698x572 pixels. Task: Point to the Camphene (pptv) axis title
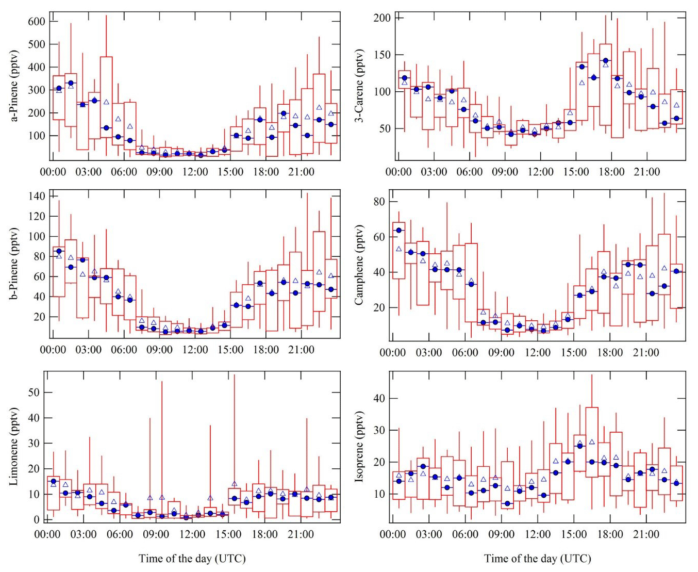point(360,265)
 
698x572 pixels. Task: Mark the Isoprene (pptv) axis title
point(360,447)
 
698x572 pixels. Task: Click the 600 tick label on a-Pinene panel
point(37,22)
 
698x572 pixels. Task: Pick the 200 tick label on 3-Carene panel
point(382,18)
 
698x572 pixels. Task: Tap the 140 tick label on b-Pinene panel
point(37,196)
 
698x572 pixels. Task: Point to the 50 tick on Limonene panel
point(34,393)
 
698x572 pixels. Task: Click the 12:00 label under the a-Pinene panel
point(195,172)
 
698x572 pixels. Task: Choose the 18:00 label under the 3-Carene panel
point(611,172)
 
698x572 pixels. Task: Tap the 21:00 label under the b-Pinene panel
point(301,350)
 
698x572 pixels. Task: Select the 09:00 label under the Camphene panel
point(501,353)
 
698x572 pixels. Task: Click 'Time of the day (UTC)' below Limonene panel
point(192,559)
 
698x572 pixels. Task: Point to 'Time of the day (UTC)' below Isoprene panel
point(537,559)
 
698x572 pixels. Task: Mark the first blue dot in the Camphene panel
point(398,231)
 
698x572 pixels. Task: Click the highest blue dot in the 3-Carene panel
point(606,61)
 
